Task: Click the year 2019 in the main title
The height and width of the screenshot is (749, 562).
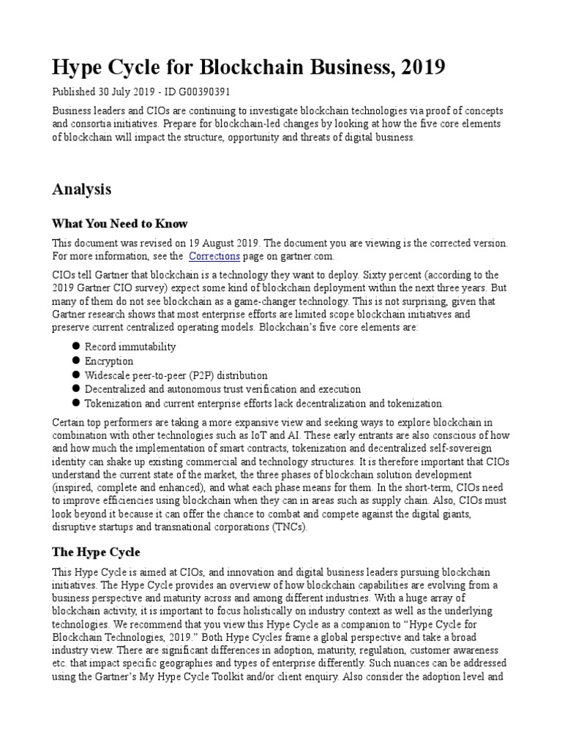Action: coord(419,68)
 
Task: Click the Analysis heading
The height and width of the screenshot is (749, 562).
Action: coord(82,189)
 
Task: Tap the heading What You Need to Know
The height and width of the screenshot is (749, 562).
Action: coord(119,223)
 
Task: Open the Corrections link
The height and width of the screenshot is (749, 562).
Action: coord(214,256)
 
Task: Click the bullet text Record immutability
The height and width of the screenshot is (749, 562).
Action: coord(130,346)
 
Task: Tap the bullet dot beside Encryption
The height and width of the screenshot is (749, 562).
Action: coord(75,361)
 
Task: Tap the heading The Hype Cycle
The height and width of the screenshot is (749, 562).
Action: coord(96,552)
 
